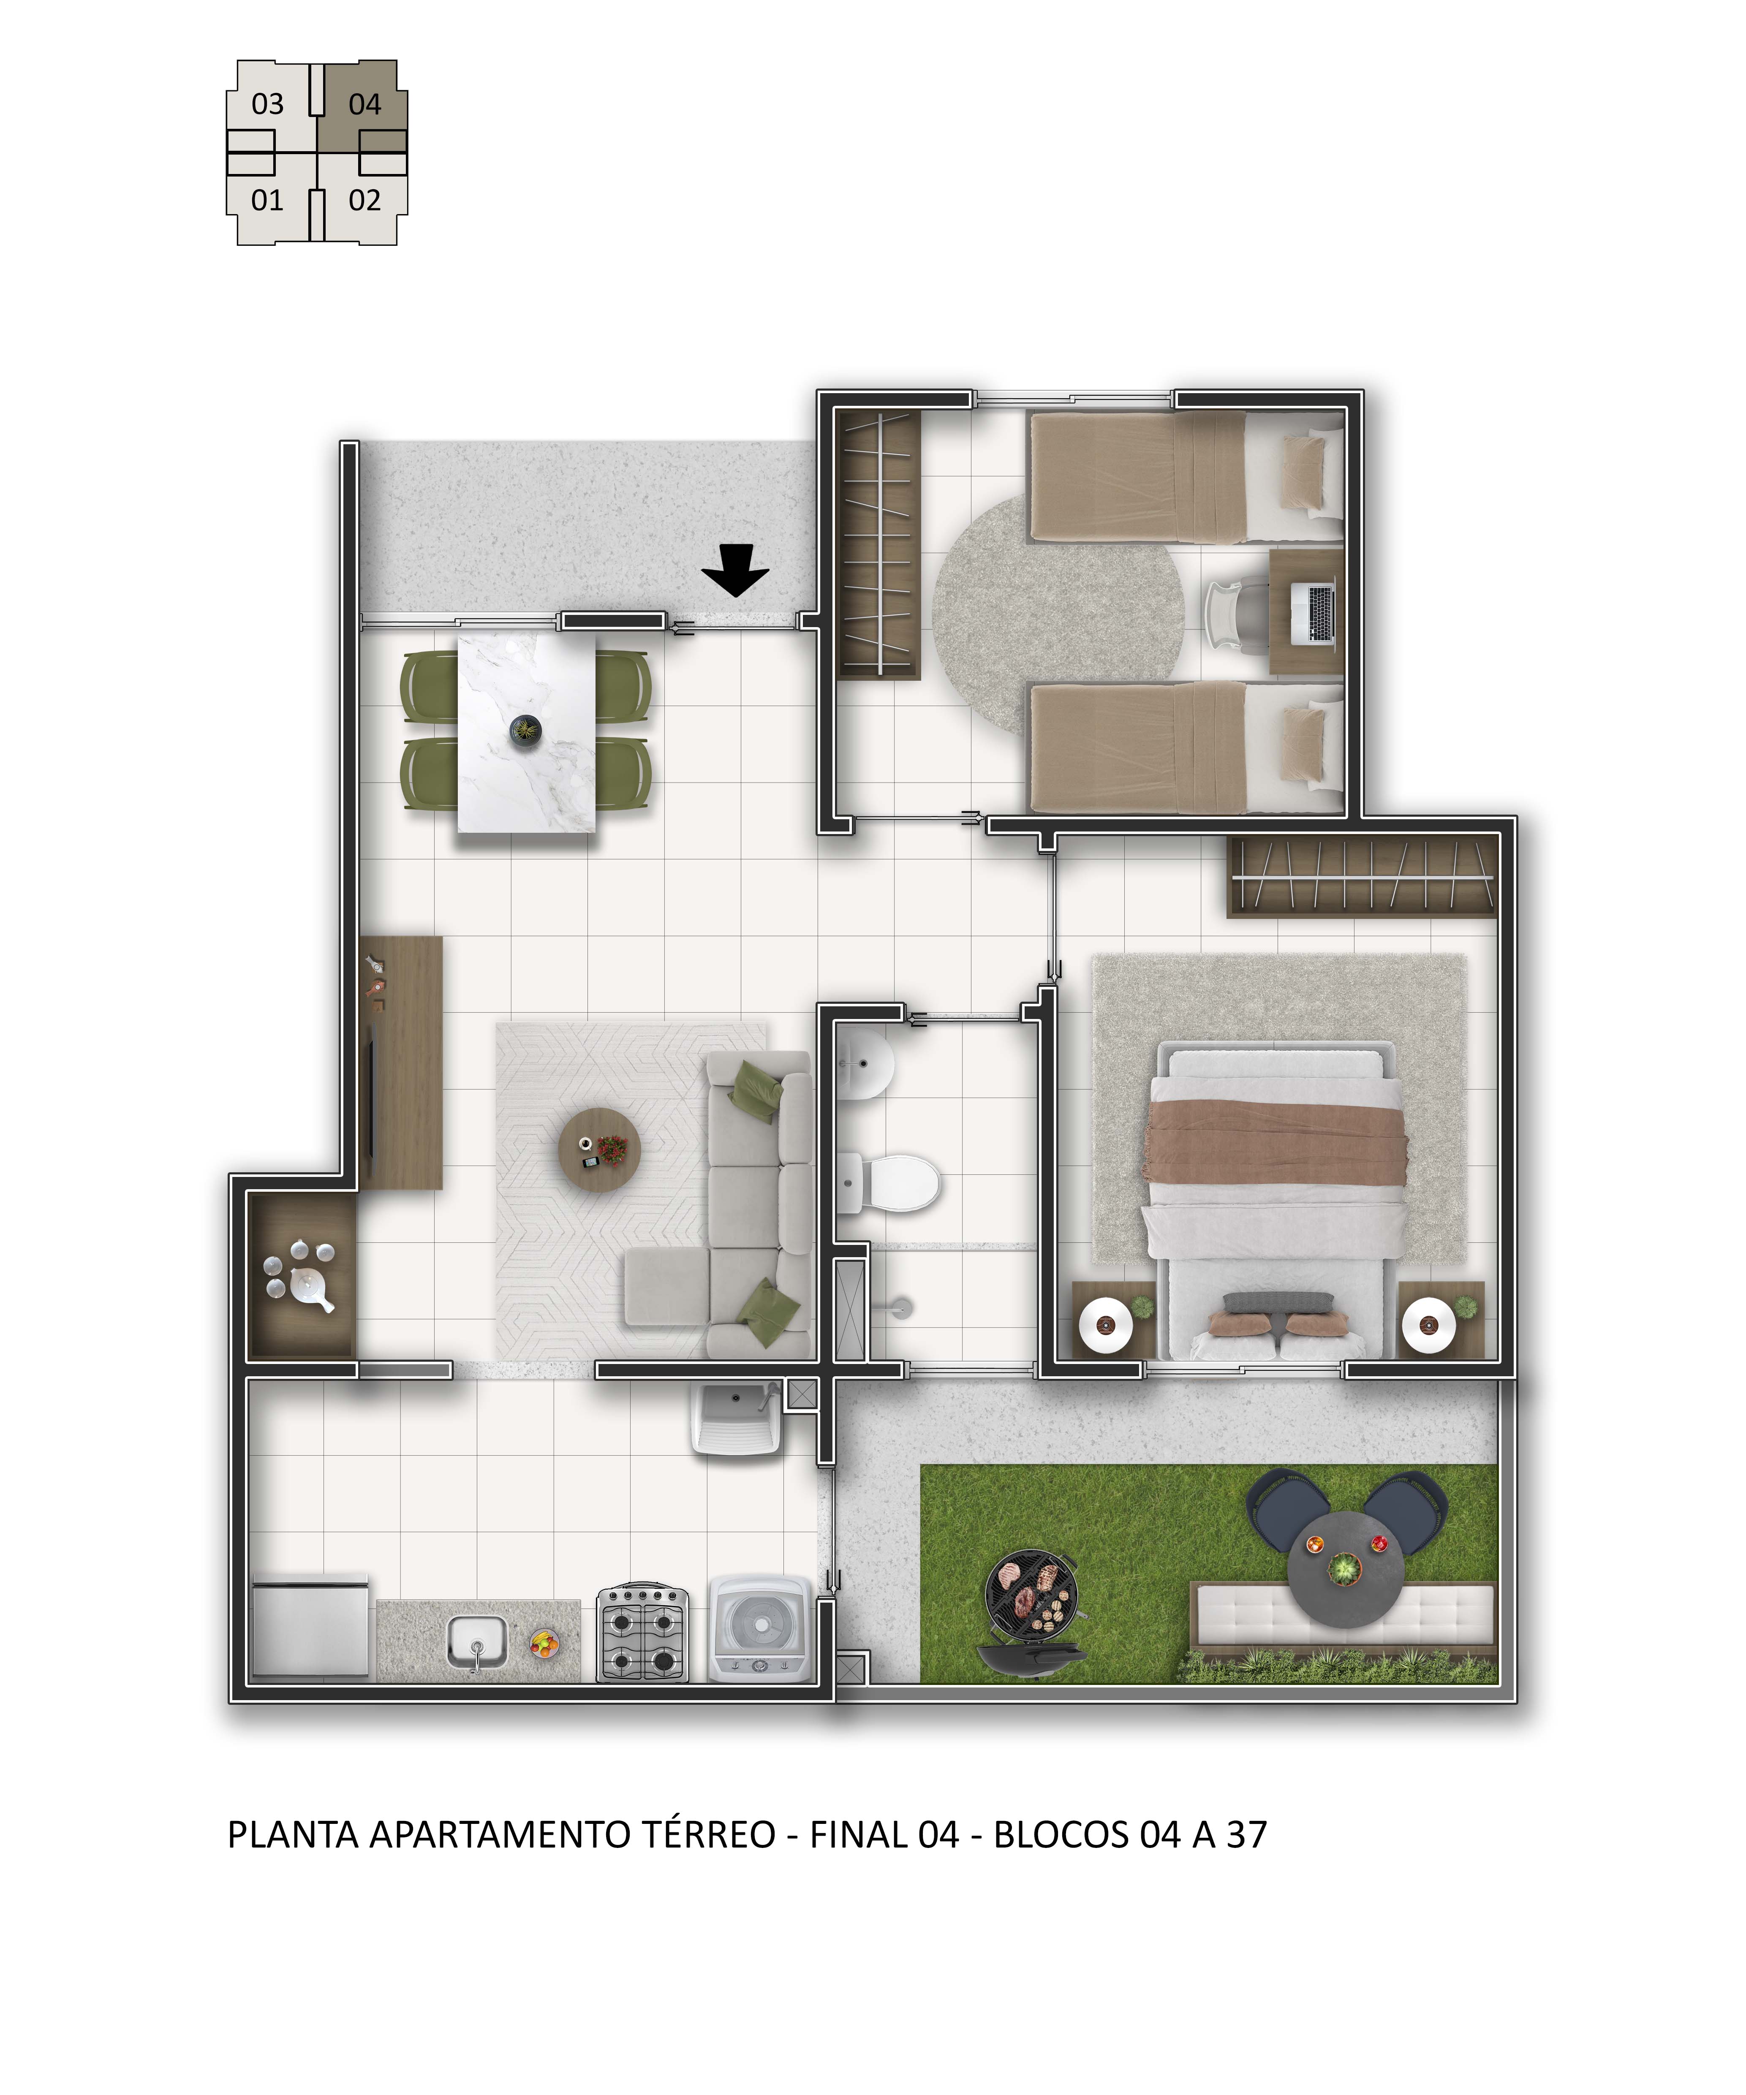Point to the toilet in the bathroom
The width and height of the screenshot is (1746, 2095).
coord(888,1184)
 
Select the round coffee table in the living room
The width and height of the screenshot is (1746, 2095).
coord(598,1150)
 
